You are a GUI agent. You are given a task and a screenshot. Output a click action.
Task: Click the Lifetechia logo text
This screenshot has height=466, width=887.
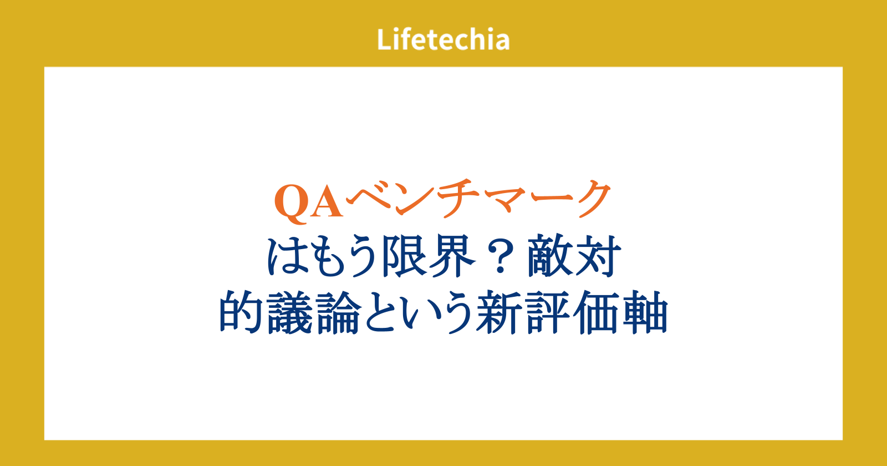click(x=443, y=39)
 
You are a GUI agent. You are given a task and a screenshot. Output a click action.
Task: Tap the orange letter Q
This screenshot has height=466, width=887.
click(x=291, y=204)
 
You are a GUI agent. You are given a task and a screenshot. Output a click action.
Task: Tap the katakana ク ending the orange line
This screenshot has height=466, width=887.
click(x=590, y=198)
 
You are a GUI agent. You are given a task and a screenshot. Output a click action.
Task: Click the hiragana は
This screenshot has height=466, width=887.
click(x=288, y=256)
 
